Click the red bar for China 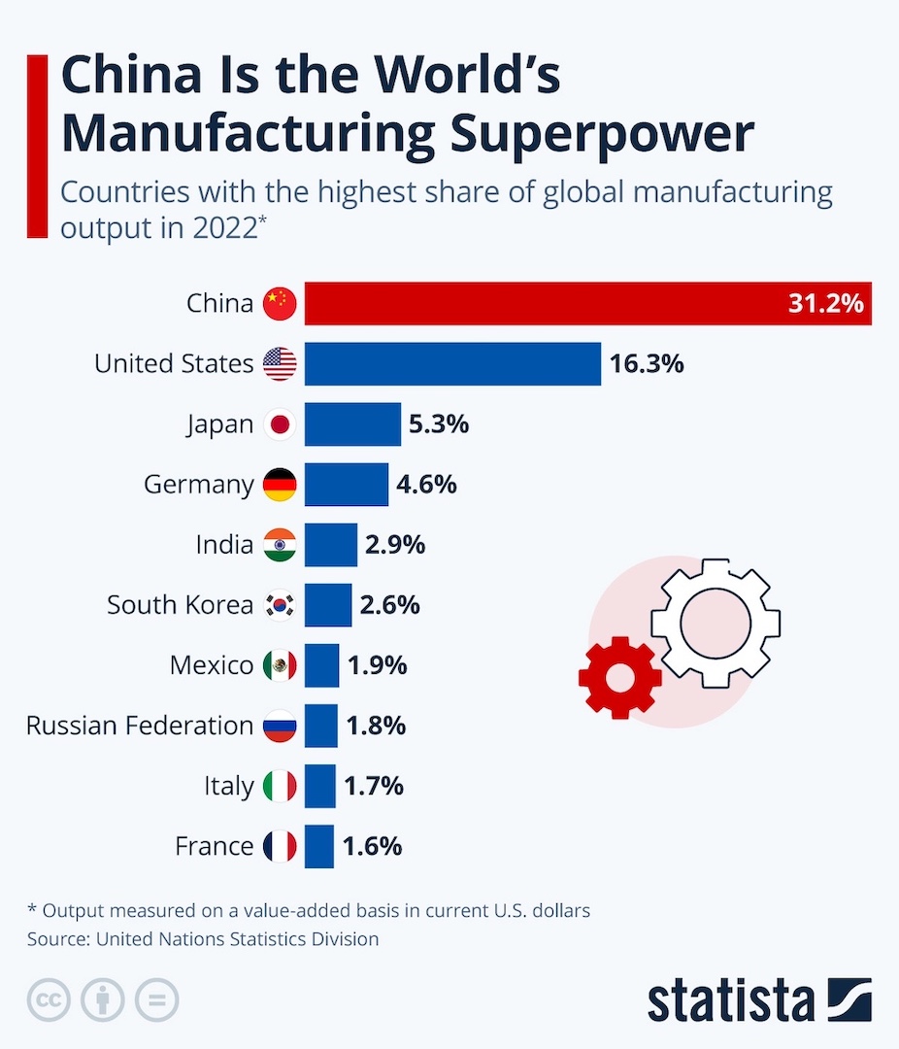coord(544,304)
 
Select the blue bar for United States coord(452,363)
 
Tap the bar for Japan coord(352,424)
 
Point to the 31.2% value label coord(825,304)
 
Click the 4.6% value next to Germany coord(426,484)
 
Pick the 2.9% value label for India coord(395,545)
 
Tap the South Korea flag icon coord(280,605)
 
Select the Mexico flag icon coord(280,665)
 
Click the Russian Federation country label coord(140,726)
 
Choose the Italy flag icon coord(280,786)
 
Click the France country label coord(215,846)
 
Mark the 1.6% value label coord(372,846)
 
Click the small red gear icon coord(619,677)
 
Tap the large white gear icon coord(716,623)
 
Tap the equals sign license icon coord(156,1000)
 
